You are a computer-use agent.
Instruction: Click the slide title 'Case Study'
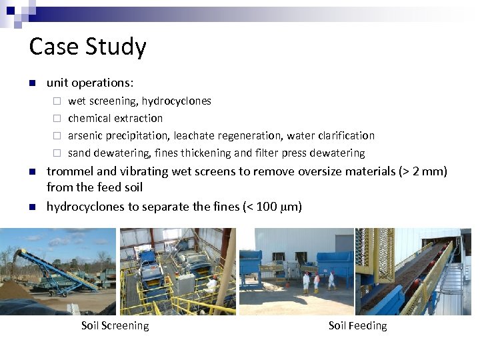click(87, 47)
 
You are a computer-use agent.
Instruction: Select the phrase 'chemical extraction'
click(115, 119)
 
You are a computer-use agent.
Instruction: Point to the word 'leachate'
click(193, 136)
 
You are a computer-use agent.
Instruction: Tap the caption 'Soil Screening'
click(115, 326)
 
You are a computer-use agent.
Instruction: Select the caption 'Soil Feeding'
click(357, 326)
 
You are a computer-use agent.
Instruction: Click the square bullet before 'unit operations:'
click(31, 83)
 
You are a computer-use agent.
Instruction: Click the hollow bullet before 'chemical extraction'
click(57, 119)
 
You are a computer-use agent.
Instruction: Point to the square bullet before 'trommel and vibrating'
click(31, 172)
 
